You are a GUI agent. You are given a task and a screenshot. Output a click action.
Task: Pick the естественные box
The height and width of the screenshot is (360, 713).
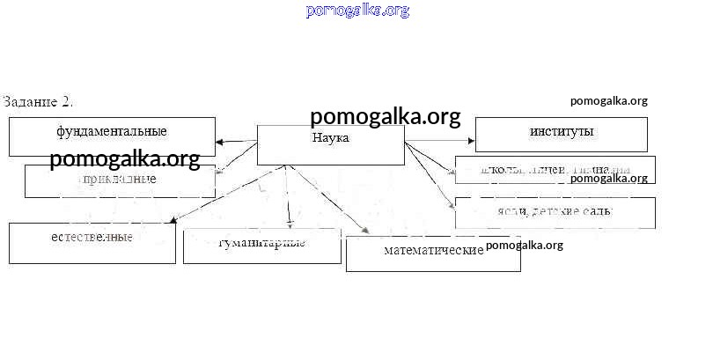pos(92,242)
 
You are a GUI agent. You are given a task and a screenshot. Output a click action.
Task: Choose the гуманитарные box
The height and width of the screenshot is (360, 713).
pos(261,246)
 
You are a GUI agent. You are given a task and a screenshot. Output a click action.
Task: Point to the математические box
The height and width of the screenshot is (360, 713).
pos(433,253)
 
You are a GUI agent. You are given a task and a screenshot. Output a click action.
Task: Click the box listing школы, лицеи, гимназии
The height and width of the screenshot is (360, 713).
pos(555,169)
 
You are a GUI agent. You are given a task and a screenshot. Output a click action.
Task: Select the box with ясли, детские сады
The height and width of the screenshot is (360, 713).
pos(555,212)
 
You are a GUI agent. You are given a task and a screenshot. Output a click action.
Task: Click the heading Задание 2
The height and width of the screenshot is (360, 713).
pos(38,101)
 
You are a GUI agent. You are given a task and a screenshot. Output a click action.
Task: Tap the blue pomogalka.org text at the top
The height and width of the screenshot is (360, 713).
pos(357,11)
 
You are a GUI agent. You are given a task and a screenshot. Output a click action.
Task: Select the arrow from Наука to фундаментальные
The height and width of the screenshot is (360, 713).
pos(235,142)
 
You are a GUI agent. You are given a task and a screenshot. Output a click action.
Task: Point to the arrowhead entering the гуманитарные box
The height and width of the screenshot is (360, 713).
pos(289,223)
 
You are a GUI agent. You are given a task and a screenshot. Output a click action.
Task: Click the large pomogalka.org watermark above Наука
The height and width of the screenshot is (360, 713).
pos(385,117)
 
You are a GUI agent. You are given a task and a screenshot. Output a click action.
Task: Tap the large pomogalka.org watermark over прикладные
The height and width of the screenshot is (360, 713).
pos(125,160)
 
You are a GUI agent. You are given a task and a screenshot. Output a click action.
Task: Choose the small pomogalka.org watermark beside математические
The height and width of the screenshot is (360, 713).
pos(524,246)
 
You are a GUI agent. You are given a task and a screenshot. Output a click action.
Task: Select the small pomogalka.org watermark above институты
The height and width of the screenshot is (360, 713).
pos(608,101)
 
